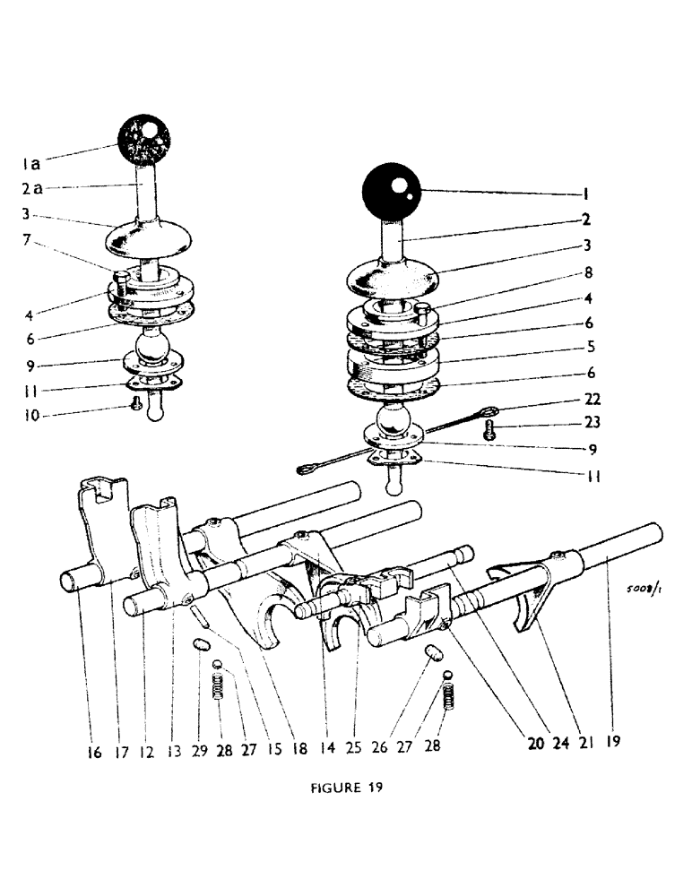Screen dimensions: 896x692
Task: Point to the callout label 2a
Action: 31,189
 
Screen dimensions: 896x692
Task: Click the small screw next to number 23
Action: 489,429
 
